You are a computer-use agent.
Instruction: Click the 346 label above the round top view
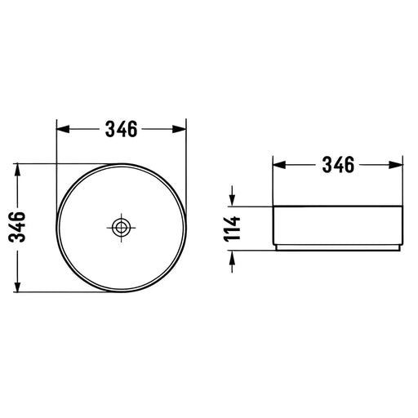pos(122,129)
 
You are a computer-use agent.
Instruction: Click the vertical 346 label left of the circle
pos(17,227)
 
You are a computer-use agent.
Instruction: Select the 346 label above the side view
pos(338,165)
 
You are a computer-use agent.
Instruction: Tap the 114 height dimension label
pos(232,229)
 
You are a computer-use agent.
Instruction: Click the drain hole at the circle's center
pos(121,227)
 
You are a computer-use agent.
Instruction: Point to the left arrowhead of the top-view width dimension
pos(63,129)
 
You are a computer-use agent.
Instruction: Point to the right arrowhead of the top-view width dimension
pos(180,129)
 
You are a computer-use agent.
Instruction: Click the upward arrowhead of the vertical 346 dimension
pos(17,170)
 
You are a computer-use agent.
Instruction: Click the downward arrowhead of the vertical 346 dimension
pos(17,286)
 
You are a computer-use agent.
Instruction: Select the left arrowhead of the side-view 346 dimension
pos(279,165)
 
